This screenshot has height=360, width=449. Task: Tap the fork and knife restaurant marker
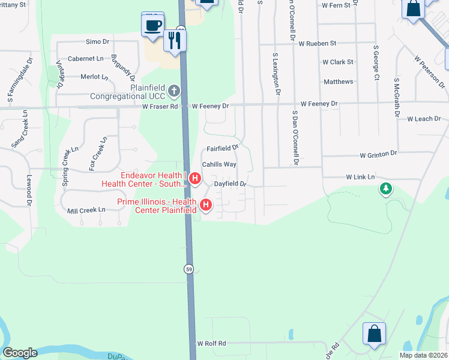[175, 41]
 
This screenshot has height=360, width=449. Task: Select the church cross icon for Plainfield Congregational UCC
[174, 91]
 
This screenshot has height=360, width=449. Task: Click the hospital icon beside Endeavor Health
[194, 179]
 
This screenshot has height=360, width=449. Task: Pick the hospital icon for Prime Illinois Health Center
[206, 206]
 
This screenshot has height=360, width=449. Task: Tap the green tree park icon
[385, 190]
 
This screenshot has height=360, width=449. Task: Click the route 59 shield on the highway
[189, 268]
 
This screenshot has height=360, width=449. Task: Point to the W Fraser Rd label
[160, 106]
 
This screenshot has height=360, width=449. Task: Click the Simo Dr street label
[97, 41]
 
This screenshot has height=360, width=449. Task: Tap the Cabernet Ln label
[85, 59]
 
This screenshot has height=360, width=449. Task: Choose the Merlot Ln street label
[94, 77]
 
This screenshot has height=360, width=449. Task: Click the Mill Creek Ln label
[86, 210]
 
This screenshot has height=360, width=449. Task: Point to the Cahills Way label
[218, 164]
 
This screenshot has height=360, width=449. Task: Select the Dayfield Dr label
[231, 184]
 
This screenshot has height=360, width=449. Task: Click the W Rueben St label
[318, 44]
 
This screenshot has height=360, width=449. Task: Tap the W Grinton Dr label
[379, 154]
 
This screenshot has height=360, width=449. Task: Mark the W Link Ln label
[360, 177]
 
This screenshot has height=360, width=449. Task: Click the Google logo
[20, 353]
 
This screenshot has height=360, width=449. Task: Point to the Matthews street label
[339, 82]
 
